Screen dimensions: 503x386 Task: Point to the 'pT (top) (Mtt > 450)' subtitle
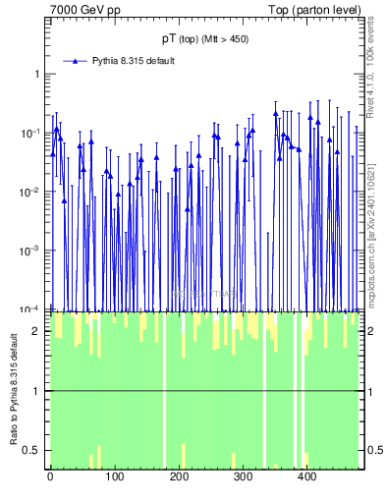[x=204, y=39]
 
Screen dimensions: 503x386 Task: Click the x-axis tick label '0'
[x=50, y=478]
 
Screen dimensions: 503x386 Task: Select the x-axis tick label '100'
[x=115, y=478]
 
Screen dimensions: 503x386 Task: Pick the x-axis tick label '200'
[x=180, y=478]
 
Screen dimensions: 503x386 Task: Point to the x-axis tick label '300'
[x=245, y=478]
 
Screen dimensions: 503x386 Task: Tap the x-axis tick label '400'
[x=308, y=478]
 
